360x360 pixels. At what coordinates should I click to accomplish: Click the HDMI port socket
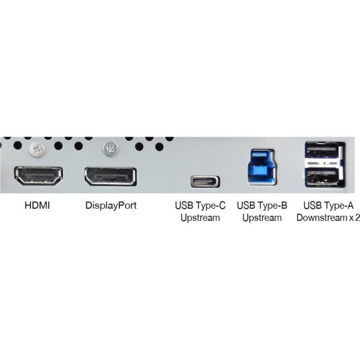coord(38,176)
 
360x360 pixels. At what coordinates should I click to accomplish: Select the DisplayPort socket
coord(110,177)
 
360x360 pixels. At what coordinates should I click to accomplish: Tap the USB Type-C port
coord(205,181)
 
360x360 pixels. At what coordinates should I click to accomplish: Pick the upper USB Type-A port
coord(323,152)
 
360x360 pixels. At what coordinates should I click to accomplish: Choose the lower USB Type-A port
coord(323,177)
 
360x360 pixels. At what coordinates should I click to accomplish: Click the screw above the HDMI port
coord(37,149)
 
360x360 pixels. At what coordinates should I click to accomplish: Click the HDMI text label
coord(37,205)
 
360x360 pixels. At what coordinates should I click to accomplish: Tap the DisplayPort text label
coord(111,206)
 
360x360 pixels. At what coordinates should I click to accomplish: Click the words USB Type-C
coord(200,206)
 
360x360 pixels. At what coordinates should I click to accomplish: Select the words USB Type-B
coord(262,206)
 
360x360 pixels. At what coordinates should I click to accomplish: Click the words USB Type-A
coord(328,206)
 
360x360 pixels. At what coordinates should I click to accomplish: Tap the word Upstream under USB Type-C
coord(200,218)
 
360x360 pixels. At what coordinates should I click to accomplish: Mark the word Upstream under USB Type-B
coord(262,218)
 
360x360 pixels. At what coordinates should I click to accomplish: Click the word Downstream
coord(322,217)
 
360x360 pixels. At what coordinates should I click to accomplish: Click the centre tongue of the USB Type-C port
coord(205,181)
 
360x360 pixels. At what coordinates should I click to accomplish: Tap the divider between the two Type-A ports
coord(323,164)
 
